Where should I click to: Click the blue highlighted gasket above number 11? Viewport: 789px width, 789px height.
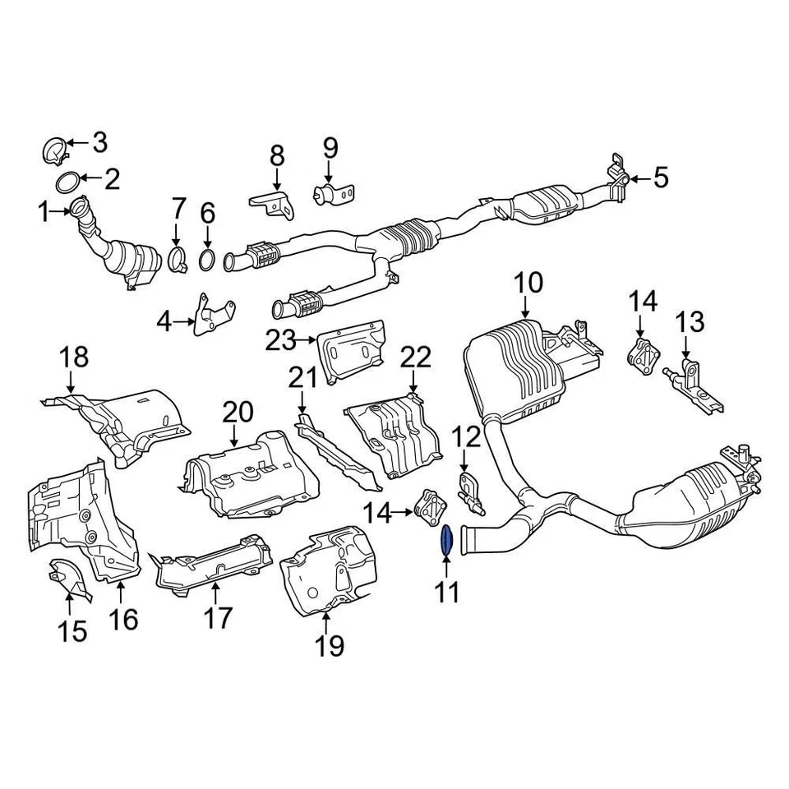[447, 540]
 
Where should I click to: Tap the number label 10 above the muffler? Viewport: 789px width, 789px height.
[528, 284]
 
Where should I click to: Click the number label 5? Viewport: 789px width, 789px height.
[662, 177]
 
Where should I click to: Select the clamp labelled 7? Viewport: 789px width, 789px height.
[177, 261]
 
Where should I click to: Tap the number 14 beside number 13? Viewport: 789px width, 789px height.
[644, 302]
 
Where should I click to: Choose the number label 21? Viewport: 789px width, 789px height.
[302, 379]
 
